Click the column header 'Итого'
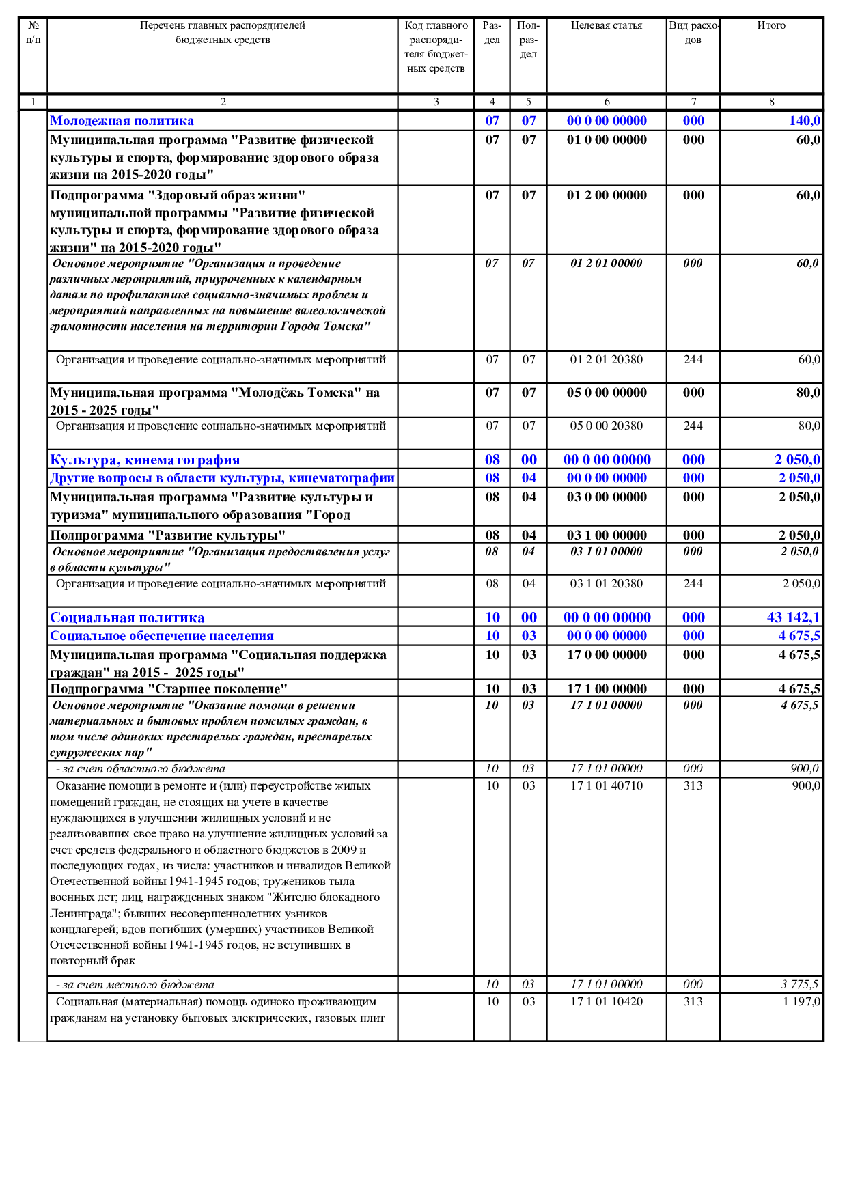click(x=771, y=26)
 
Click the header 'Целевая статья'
click(x=607, y=26)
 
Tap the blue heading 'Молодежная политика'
click(x=122, y=121)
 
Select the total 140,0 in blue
click(x=804, y=121)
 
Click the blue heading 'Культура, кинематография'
click(x=145, y=460)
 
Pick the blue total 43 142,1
click(x=793, y=617)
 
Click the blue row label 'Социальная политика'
click(x=127, y=618)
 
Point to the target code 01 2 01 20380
click(x=607, y=360)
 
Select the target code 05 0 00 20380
click(x=607, y=426)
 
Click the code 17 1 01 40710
click(x=607, y=786)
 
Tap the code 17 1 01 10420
click(x=607, y=1002)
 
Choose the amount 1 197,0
click(x=801, y=1002)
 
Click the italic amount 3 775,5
click(x=799, y=985)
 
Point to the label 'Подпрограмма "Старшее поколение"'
click(x=169, y=689)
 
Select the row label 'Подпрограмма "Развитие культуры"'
click(x=167, y=535)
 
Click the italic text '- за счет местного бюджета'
click(x=135, y=985)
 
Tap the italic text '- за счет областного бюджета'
click(x=141, y=769)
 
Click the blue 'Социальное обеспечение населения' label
click(x=162, y=636)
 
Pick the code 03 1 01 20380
click(x=607, y=584)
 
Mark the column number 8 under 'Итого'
click(x=771, y=102)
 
